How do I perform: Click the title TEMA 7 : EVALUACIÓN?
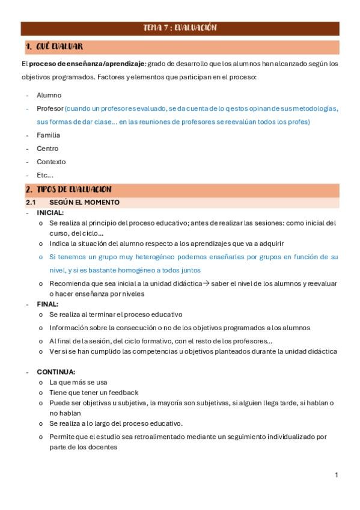[x=180, y=28]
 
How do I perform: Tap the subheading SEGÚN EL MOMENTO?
[x=84, y=202]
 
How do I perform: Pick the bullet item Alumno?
[x=49, y=95]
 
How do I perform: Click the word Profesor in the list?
[x=50, y=109]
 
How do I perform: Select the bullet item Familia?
[x=48, y=135]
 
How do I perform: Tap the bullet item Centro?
[x=47, y=149]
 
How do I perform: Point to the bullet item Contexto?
[x=51, y=162]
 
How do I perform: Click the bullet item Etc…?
[x=45, y=175]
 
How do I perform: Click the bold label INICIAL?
[x=50, y=212]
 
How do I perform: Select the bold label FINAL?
[x=47, y=304]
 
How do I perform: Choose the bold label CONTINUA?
[x=56, y=372]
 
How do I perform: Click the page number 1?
[x=337, y=475]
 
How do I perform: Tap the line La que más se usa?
[x=79, y=382]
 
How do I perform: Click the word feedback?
[x=124, y=393]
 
